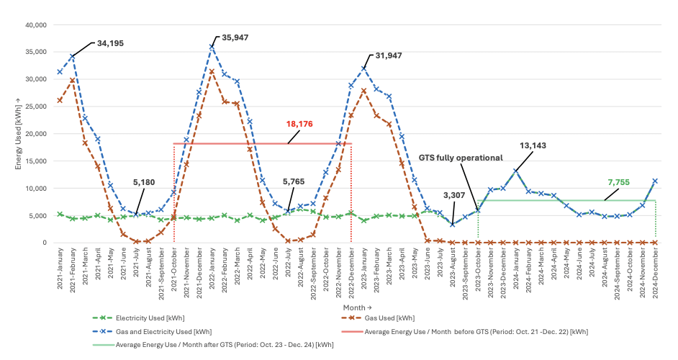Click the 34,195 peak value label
coord(110,43)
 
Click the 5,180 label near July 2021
coord(143,182)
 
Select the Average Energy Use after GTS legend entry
coord(214,345)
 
